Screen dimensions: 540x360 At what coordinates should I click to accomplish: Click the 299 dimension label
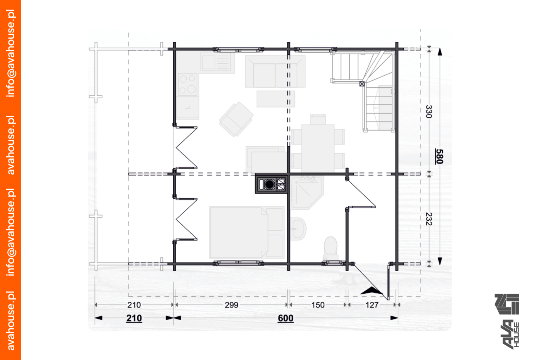(x=231, y=305)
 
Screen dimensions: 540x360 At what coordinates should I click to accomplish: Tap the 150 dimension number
(x=318, y=305)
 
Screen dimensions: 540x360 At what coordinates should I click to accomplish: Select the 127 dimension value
(x=372, y=305)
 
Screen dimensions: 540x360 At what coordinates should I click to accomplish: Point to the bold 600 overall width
(x=286, y=318)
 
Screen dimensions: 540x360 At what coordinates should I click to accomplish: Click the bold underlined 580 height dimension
(x=439, y=157)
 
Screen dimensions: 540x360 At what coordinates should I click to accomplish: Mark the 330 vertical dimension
(x=429, y=112)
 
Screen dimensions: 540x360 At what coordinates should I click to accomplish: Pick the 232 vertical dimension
(x=429, y=219)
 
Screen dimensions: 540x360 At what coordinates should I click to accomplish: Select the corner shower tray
(x=306, y=193)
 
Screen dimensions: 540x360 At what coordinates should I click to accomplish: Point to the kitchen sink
(x=217, y=62)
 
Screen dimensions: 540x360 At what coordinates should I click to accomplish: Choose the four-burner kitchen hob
(x=187, y=84)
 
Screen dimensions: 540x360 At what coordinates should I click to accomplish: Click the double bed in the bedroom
(x=246, y=232)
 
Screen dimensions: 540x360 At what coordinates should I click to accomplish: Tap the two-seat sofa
(x=275, y=71)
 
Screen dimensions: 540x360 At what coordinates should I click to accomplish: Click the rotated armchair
(x=236, y=119)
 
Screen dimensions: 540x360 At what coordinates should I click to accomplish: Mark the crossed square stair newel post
(x=362, y=84)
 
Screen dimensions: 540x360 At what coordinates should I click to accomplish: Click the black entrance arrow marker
(x=371, y=291)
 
